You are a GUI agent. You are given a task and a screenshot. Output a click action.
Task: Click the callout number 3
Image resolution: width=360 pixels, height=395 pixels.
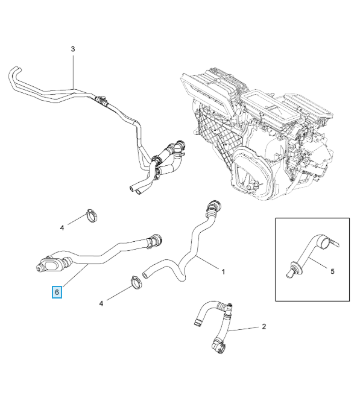click(73, 49)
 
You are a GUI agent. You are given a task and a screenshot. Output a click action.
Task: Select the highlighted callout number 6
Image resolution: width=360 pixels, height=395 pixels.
click(57, 292)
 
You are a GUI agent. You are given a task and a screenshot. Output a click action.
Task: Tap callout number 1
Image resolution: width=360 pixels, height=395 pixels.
click(223, 272)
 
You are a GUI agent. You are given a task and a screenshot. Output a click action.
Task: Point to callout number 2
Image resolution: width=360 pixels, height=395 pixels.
click(264, 326)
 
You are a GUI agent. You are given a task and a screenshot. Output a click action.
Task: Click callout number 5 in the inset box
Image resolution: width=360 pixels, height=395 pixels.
click(332, 271)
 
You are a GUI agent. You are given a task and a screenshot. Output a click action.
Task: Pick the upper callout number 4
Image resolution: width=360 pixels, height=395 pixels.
click(62, 228)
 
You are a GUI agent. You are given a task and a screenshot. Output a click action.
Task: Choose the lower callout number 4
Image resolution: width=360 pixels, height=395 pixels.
click(101, 303)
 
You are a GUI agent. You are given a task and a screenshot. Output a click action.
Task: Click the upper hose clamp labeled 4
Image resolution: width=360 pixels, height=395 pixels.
click(92, 215)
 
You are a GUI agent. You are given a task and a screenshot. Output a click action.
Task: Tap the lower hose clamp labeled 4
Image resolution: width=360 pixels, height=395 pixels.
click(136, 283)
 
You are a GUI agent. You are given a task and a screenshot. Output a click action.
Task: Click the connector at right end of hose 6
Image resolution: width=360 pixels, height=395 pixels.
click(154, 241)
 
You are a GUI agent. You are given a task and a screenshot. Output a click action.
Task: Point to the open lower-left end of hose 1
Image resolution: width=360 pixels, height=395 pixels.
click(145, 274)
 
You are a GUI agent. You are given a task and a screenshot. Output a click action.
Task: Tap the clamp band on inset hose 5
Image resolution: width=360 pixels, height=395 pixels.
click(326, 242)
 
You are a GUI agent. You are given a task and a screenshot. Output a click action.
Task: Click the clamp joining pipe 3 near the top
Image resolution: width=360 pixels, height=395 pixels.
click(101, 100)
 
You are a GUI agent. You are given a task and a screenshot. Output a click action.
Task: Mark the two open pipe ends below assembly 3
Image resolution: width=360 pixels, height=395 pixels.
click(136, 190)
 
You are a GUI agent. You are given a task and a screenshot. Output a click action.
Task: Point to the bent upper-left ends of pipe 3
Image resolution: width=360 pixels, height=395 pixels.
click(14, 75)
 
